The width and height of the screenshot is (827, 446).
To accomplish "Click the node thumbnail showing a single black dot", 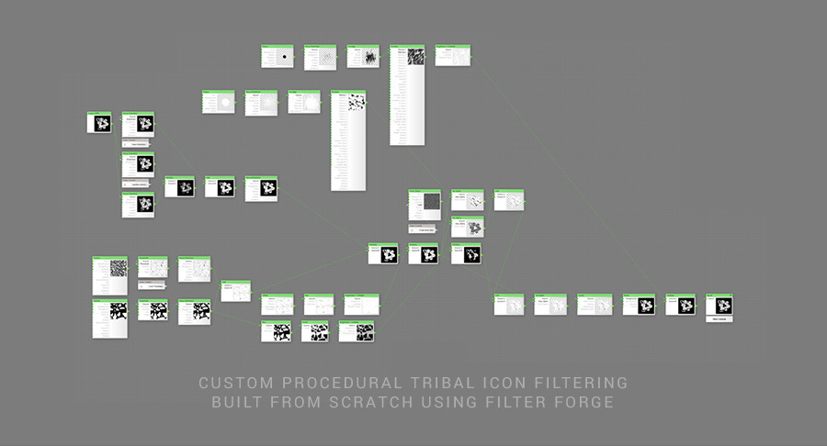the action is coord(285,57).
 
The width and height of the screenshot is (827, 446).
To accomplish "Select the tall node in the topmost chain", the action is coord(407,95).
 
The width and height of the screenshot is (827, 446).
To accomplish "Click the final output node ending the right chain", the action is coord(719,305).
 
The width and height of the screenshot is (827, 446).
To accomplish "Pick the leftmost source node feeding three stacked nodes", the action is coord(99,122).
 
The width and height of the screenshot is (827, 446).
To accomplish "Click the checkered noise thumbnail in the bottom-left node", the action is coord(118,268).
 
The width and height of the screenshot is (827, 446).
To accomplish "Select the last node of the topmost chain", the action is coord(452,55).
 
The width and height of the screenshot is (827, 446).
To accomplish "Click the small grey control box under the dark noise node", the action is coord(425,228).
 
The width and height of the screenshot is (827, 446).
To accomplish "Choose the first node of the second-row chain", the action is coord(219,102).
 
